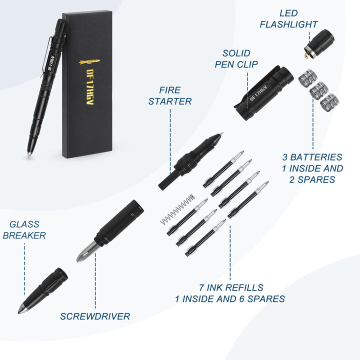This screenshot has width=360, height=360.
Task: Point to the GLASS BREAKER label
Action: [x=24, y=230]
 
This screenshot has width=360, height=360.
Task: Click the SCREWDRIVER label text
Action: [x=95, y=316]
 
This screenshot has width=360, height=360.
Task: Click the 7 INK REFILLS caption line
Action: [x=230, y=287]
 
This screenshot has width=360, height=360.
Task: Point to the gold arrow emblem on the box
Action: [x=89, y=61]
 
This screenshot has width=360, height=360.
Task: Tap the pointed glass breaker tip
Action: [x=22, y=309]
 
